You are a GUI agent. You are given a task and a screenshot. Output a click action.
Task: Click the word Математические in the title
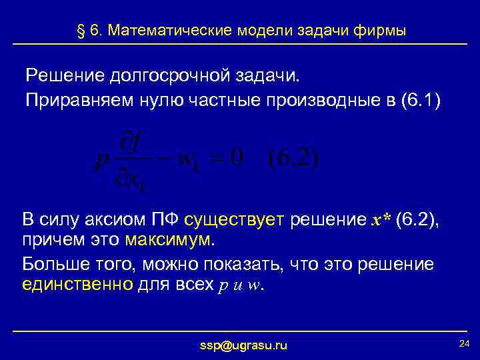pyautogui.click(x=169, y=31)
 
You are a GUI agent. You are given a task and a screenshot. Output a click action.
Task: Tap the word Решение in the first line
pyautogui.click(x=63, y=75)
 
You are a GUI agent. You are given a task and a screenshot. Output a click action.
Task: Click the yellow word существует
pyautogui.click(x=235, y=221)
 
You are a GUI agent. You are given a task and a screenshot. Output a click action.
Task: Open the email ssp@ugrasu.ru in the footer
pyautogui.click(x=243, y=345)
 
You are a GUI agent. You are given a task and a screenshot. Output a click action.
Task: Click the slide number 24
pyautogui.click(x=465, y=342)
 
